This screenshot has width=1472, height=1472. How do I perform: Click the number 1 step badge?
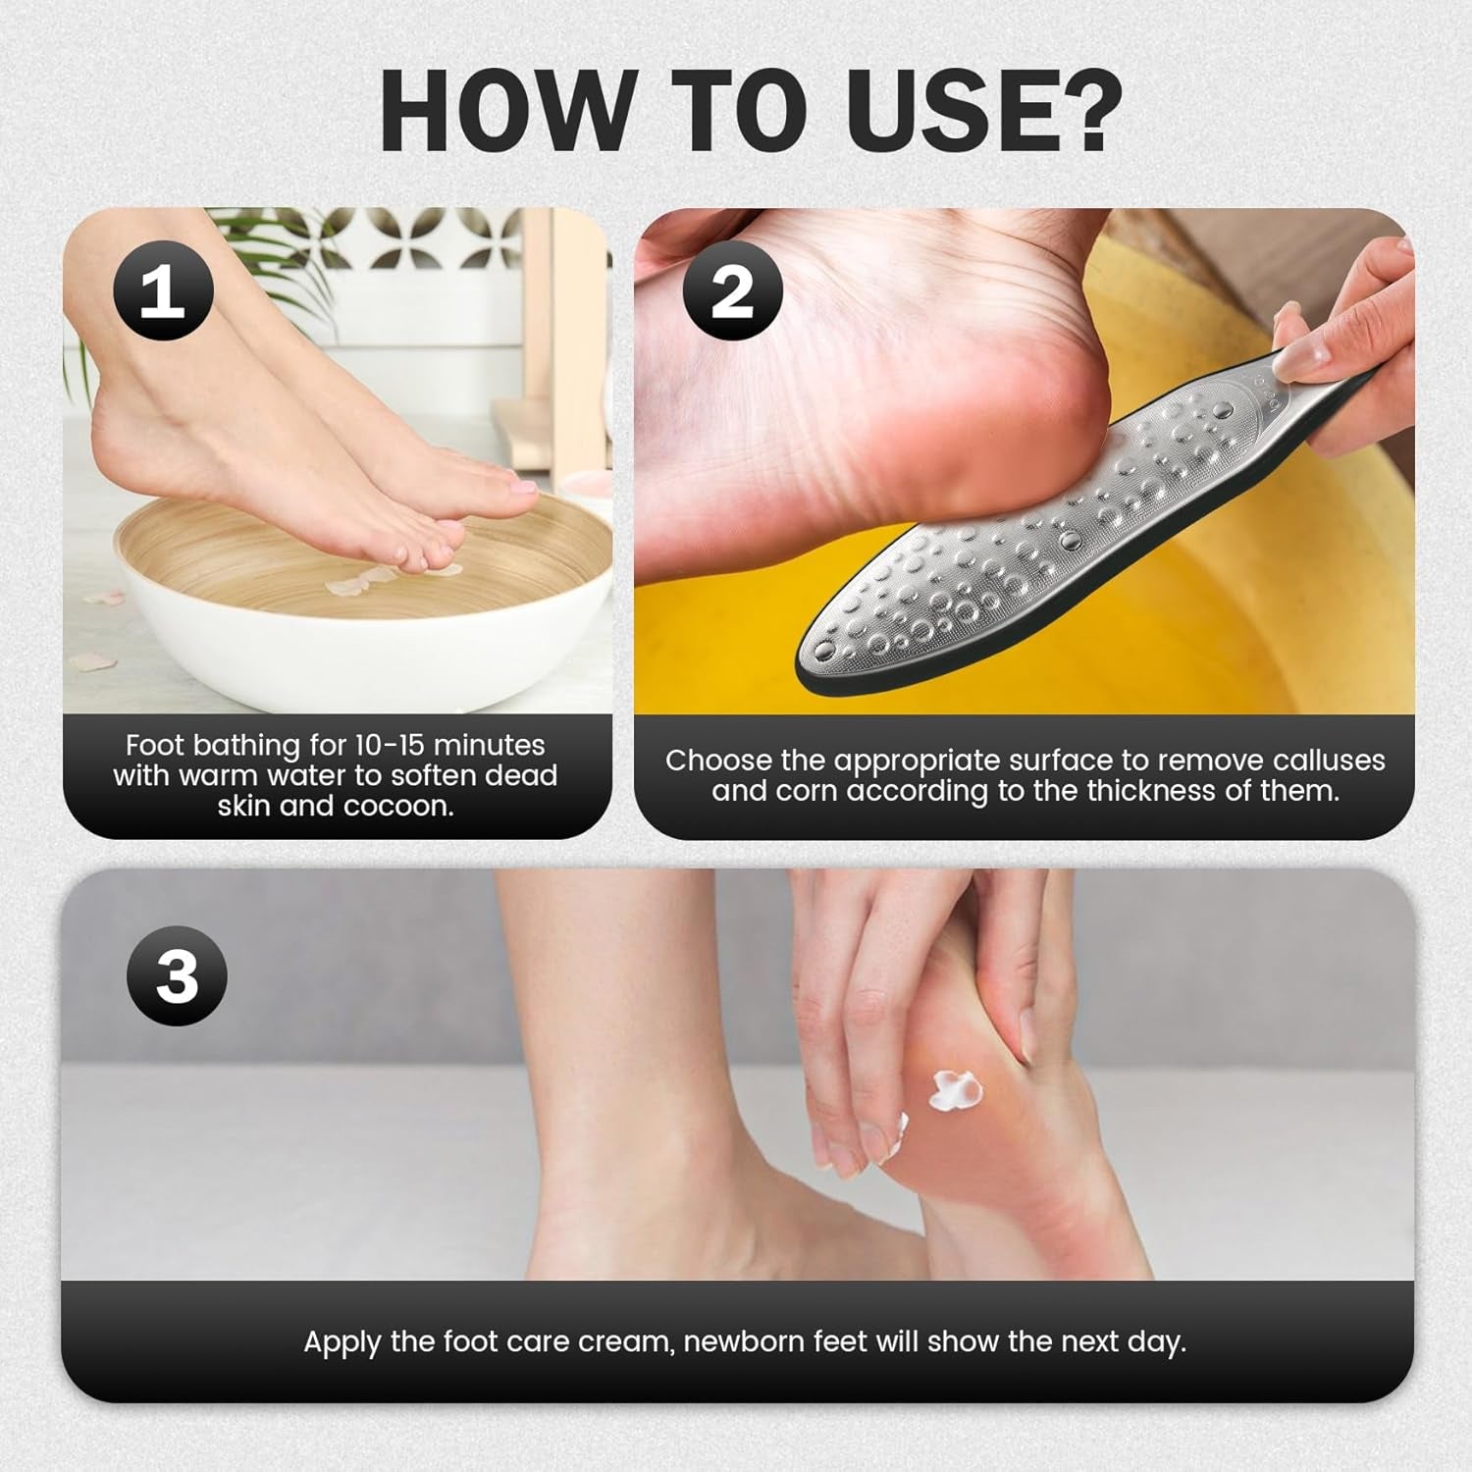(163, 290)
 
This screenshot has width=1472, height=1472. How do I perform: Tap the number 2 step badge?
(732, 290)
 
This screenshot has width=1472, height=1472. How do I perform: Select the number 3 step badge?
(177, 975)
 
